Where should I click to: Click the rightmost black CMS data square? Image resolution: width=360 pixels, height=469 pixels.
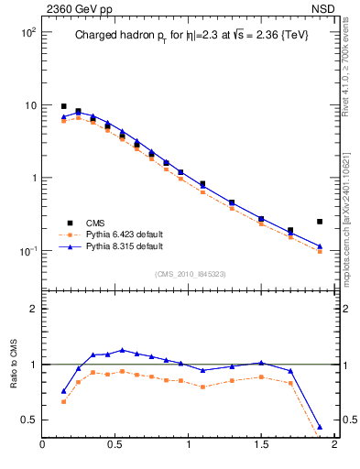(320, 222)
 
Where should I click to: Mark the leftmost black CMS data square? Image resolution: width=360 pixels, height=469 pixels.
(63, 106)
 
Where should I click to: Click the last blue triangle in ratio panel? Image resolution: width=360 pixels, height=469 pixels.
(320, 428)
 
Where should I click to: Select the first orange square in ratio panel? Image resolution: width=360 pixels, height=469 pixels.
(63, 401)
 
